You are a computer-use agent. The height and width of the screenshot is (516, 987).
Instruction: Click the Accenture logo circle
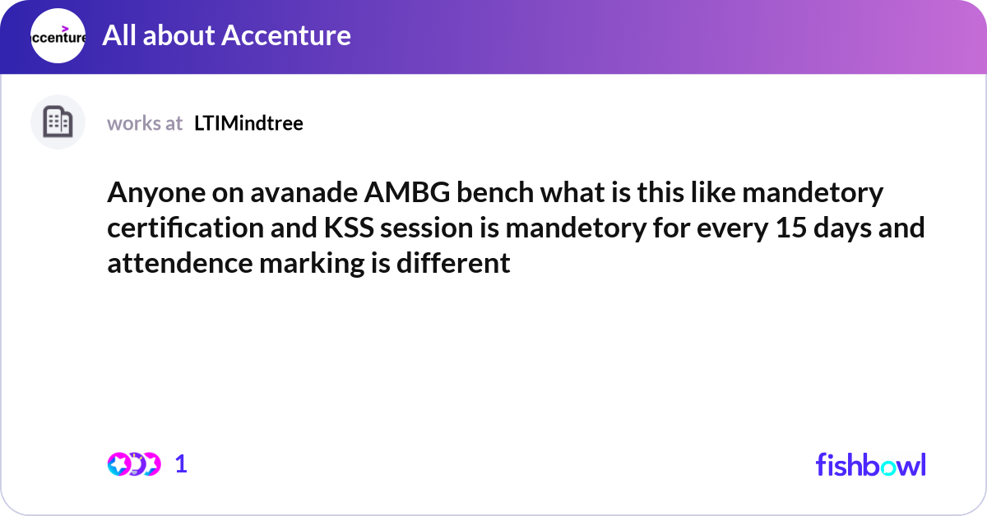point(58,36)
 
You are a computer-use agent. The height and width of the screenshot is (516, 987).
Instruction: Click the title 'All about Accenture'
point(226,35)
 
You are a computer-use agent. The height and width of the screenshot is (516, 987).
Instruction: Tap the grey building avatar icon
point(58,122)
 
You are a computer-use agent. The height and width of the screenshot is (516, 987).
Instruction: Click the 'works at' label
point(145,123)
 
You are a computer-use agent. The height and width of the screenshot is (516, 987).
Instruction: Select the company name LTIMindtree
point(248,123)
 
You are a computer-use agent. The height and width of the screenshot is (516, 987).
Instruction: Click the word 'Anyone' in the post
point(150,195)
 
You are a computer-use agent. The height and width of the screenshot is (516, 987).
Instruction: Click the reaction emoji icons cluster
point(134,464)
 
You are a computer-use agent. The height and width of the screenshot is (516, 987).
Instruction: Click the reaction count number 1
point(181,464)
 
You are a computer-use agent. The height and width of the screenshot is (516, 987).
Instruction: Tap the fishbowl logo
point(870,464)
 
